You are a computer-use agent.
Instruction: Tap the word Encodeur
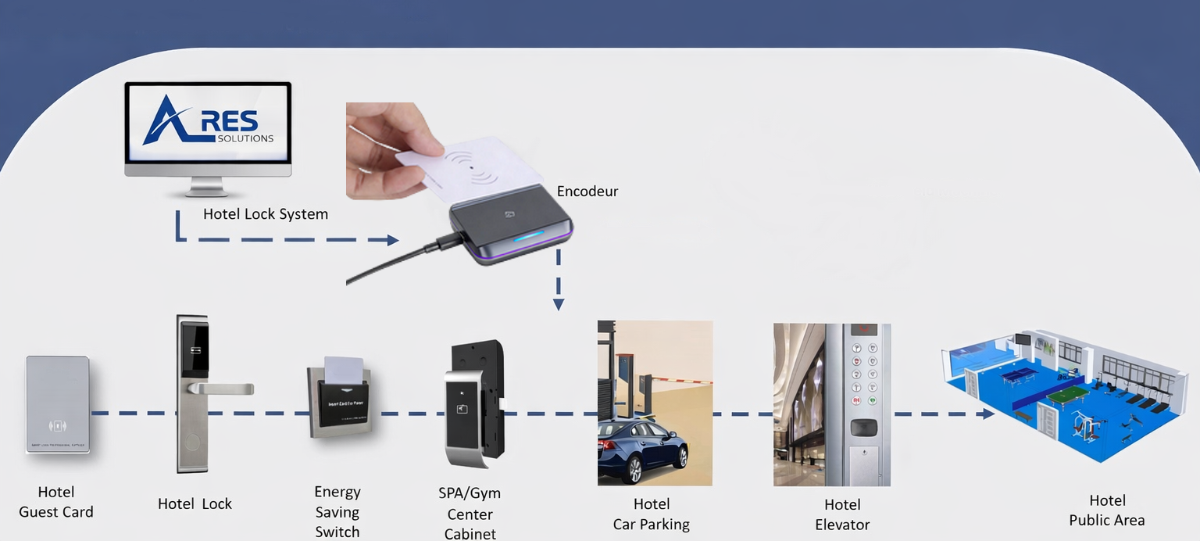coord(587,192)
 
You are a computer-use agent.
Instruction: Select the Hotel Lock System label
coord(266,214)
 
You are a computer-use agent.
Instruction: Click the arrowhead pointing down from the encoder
coord(559,303)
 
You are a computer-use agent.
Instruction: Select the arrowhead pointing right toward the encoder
coord(391,240)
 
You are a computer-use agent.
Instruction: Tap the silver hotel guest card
coord(57,404)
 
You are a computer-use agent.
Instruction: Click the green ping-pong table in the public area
coord(1067,394)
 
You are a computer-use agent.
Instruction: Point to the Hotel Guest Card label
coord(56,502)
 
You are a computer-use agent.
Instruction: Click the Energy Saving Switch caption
coord(337,512)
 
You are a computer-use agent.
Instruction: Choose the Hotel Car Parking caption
coord(652,514)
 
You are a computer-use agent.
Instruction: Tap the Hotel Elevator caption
coord(842,514)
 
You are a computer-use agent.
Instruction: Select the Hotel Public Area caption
coord(1107,511)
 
